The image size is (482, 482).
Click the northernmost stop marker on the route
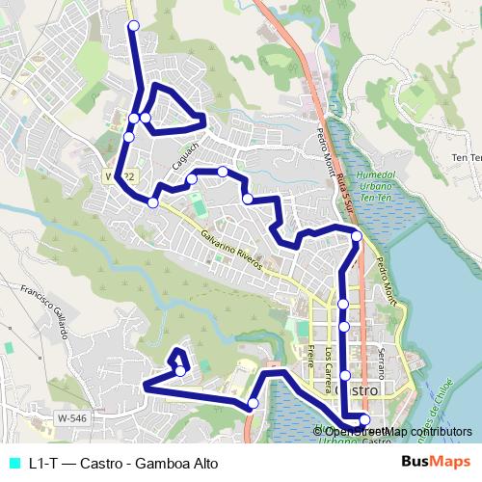point(134,25)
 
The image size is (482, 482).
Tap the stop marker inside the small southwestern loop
point(180,371)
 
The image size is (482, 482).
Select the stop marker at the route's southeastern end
point(364,419)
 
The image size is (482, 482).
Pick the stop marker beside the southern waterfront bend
point(254,403)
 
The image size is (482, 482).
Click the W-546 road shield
point(71,418)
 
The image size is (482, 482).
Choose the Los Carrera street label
point(330,362)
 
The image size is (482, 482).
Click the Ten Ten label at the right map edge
point(466,156)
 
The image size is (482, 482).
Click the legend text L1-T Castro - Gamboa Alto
point(123,463)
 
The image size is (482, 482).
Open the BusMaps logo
point(436,462)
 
